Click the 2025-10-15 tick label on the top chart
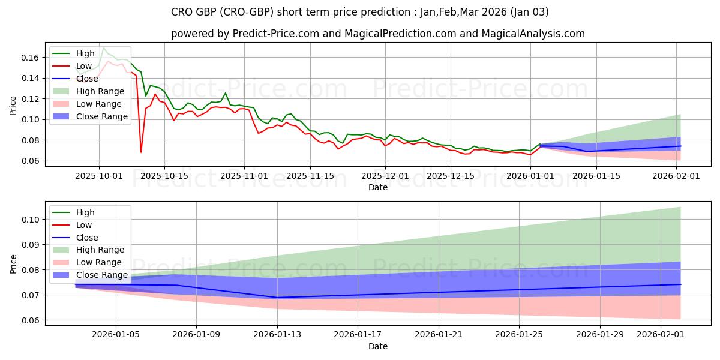(x=164, y=175)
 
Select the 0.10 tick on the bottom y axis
(x=31, y=220)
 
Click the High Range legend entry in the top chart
(x=100, y=91)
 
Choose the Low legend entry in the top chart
(x=84, y=66)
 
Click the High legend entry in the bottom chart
(x=85, y=212)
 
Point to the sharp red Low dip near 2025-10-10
(x=141, y=152)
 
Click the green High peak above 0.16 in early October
(x=103, y=48)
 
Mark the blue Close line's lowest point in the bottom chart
(x=277, y=298)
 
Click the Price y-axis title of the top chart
(x=13, y=106)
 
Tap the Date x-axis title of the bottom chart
(x=378, y=346)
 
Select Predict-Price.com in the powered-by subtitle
(x=267, y=34)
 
